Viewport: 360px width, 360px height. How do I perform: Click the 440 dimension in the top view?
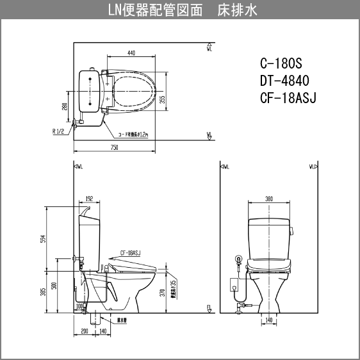click(131, 53)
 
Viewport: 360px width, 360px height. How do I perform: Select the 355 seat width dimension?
click(162, 99)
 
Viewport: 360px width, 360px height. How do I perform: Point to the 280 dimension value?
click(65, 106)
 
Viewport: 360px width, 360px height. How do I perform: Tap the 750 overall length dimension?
click(113, 147)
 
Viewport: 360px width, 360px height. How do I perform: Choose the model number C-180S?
click(281, 65)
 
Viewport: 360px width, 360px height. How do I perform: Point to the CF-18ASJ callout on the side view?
click(129, 252)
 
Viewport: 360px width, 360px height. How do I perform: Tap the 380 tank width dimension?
click(269, 199)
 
